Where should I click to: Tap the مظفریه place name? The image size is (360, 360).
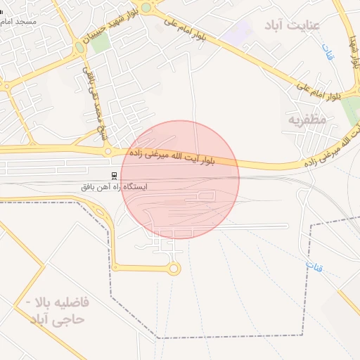tap(307, 120)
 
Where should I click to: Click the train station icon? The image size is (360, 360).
tap(114, 175)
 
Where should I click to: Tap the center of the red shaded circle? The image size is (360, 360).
tap(180, 179)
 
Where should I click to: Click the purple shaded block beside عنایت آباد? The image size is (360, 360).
tap(243, 32)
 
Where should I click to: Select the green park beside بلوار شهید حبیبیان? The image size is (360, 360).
tap(101, 42)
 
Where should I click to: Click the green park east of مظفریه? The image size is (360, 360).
tap(351, 109)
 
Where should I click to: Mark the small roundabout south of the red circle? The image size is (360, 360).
tap(174, 268)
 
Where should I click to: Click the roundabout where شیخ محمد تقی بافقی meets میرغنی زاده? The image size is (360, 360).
tap(107, 150)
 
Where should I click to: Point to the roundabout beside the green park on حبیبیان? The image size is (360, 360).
tap(79, 48)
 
